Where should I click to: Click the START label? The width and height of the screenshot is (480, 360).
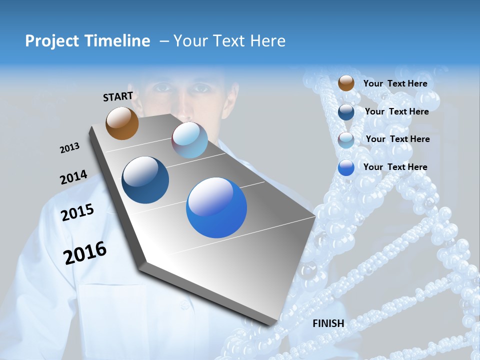(118, 96)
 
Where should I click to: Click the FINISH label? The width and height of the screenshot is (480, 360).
(328, 323)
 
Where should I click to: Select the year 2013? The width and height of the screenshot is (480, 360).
(69, 148)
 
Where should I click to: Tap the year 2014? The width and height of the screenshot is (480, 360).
(73, 177)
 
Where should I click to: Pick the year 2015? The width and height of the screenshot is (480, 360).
(77, 212)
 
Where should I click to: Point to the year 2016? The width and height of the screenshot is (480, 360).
(85, 253)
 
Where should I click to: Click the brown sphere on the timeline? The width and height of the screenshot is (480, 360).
(122, 123)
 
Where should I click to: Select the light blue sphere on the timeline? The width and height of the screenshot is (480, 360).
(189, 140)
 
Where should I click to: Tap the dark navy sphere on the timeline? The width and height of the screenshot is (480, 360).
(145, 180)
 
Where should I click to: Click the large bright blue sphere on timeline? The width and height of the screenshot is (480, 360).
(216, 207)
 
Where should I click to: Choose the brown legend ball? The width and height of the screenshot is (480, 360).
(346, 83)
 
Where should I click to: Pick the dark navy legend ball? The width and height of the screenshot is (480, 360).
(346, 111)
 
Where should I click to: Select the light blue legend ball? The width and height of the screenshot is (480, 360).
(346, 140)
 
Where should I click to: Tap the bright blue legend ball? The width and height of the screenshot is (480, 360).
(346, 168)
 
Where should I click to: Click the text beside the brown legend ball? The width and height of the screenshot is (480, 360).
(395, 83)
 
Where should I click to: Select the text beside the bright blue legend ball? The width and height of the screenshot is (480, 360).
(395, 167)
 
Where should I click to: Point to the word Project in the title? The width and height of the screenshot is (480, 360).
(51, 41)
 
